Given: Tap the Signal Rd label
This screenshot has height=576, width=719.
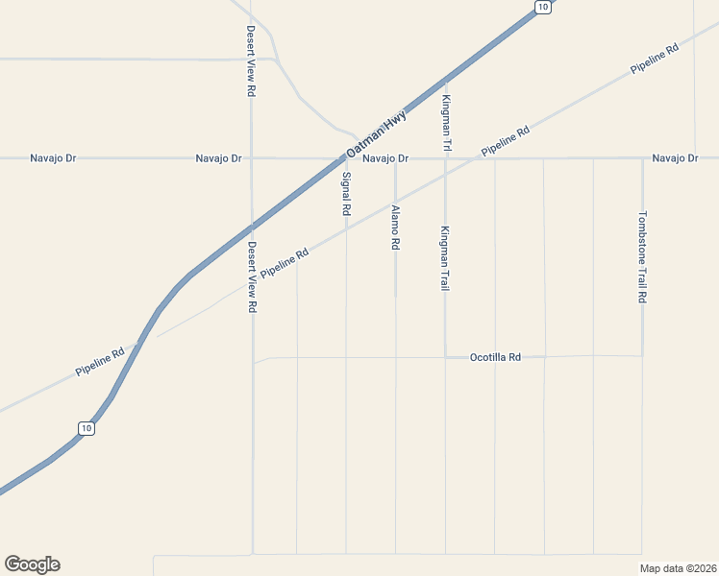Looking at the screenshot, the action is click(x=346, y=192).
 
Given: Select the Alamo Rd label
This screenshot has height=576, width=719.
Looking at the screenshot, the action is click(x=395, y=228).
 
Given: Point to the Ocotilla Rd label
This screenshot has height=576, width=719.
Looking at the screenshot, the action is click(x=495, y=357).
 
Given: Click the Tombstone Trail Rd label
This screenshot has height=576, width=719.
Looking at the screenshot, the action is click(x=642, y=257).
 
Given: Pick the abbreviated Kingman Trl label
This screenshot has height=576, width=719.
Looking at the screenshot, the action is click(x=446, y=124).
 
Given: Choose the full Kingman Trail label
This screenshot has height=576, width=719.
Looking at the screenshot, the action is click(x=445, y=258).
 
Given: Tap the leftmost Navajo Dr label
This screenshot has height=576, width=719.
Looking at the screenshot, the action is click(x=53, y=157).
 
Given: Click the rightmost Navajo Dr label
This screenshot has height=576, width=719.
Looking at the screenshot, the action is click(x=674, y=157).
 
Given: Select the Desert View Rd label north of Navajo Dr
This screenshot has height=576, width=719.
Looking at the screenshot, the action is click(x=251, y=60).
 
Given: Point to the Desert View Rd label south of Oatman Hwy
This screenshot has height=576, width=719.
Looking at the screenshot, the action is click(x=252, y=276).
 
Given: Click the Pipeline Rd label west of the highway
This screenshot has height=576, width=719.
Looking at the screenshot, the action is click(x=100, y=361).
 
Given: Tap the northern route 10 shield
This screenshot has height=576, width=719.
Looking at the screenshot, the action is click(x=542, y=8).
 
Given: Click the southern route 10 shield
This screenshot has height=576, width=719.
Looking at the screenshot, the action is click(x=87, y=428).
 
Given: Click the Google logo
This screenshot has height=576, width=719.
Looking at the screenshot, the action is click(x=32, y=564).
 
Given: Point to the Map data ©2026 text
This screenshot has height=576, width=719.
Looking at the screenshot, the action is click(x=678, y=567).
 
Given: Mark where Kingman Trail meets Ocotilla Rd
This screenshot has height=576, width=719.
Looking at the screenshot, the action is click(x=445, y=357).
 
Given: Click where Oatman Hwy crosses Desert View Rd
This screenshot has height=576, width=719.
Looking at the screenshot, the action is click(x=252, y=228).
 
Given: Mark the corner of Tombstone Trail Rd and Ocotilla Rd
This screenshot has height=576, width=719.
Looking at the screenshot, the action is click(x=642, y=356).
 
